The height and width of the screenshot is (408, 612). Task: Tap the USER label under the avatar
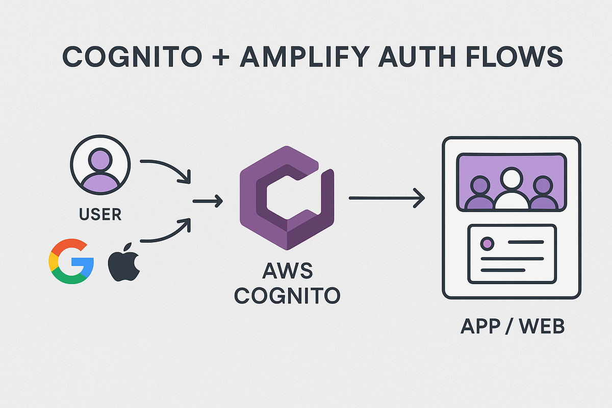100,214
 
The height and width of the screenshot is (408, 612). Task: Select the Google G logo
71,261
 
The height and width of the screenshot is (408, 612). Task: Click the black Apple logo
124,261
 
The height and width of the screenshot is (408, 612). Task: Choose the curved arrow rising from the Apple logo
166,232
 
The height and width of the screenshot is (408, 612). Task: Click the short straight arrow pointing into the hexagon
208,201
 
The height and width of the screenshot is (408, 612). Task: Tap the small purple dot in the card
488,243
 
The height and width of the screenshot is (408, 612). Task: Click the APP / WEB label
512,326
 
